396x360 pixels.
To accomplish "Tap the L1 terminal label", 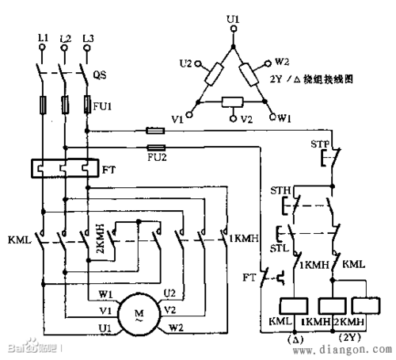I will point(40,38).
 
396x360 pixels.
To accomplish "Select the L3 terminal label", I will point(88,38).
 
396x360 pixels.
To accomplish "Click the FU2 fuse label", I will point(157,159).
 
